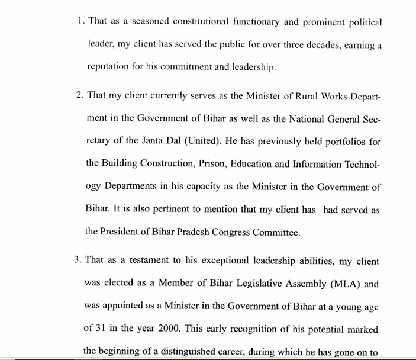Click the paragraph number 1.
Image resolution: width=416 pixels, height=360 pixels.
[x=80, y=22]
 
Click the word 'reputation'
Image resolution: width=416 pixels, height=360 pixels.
[x=107, y=67]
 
